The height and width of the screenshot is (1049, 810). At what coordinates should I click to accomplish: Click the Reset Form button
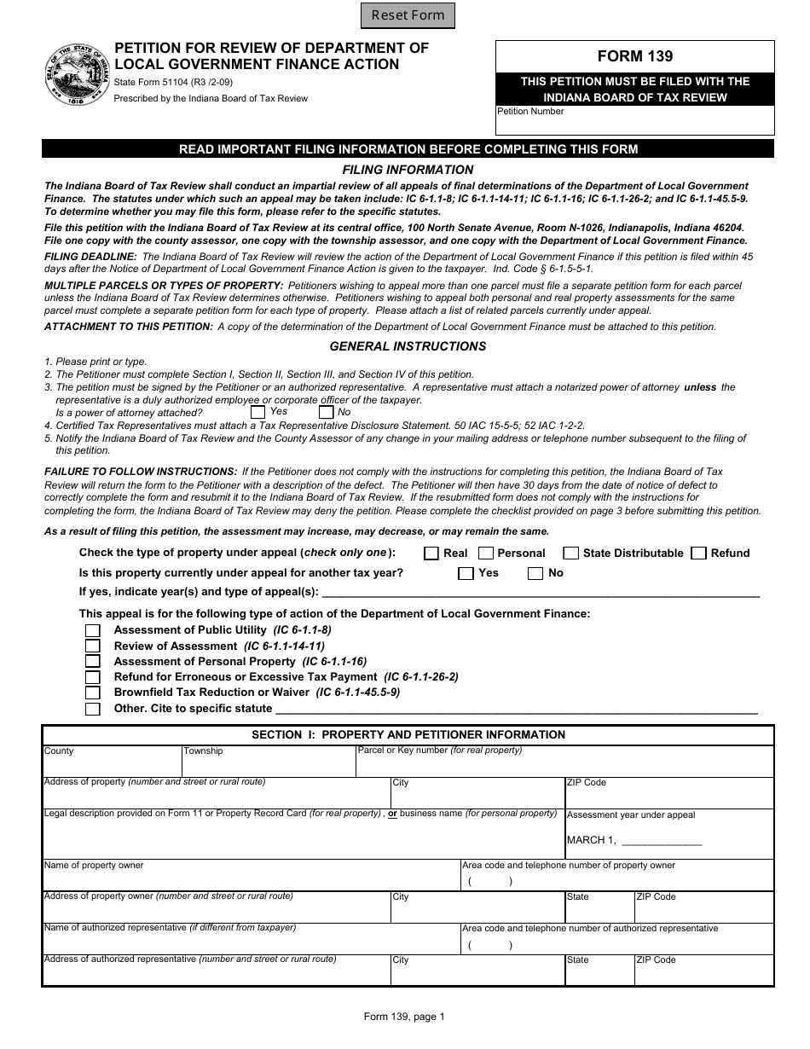[x=408, y=15]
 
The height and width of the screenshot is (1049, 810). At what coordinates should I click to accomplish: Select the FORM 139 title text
[x=634, y=56]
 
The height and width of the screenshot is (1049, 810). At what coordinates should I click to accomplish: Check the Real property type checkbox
[x=431, y=553]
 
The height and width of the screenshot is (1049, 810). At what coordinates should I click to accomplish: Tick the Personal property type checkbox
[x=486, y=553]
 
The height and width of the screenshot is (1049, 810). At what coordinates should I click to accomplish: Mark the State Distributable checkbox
[x=571, y=553]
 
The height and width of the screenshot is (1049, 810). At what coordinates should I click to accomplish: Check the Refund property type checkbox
[x=699, y=553]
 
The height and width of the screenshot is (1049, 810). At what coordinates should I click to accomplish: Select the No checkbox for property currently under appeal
[x=535, y=574]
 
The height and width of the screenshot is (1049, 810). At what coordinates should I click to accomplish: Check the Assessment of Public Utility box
[x=93, y=631]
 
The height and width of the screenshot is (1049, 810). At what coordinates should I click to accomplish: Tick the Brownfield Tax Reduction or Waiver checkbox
[x=93, y=693]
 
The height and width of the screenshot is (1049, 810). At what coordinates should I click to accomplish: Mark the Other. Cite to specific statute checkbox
[x=93, y=710]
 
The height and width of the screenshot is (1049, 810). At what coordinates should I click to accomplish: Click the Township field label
[x=203, y=751]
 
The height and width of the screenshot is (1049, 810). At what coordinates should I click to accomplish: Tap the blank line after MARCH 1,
[x=662, y=841]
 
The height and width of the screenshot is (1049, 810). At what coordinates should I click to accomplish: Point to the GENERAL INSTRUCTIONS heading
[x=408, y=346]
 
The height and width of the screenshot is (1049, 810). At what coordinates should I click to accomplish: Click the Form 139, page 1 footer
[x=404, y=1017]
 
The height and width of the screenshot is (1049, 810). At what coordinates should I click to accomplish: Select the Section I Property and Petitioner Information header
[x=408, y=734]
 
